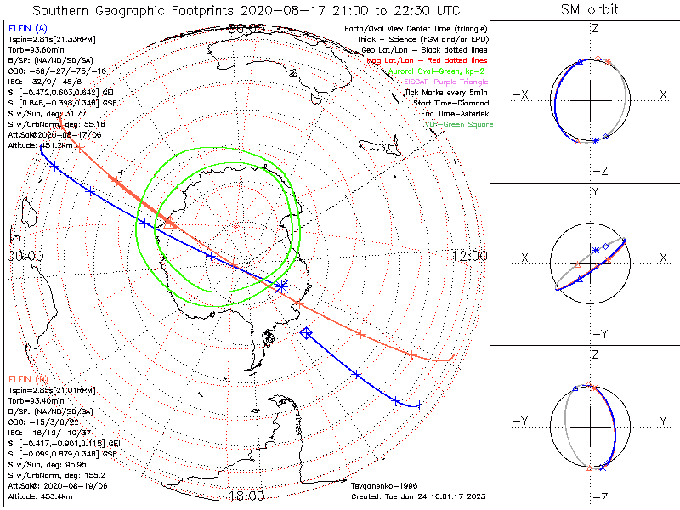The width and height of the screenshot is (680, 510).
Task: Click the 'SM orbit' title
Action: pyautogui.click(x=590, y=10)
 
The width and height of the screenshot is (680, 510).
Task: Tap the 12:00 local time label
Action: pyautogui.click(x=469, y=255)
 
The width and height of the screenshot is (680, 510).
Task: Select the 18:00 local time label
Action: pyautogui.click(x=246, y=496)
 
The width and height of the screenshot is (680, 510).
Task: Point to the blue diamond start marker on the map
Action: pyautogui.click(x=307, y=332)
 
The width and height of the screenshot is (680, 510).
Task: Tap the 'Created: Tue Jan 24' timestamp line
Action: pyautogui.click(x=417, y=497)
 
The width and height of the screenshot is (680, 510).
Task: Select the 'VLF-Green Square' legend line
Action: pyautogui.click(x=459, y=124)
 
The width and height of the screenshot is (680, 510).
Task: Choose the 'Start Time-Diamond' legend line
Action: pyautogui.click(x=450, y=104)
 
